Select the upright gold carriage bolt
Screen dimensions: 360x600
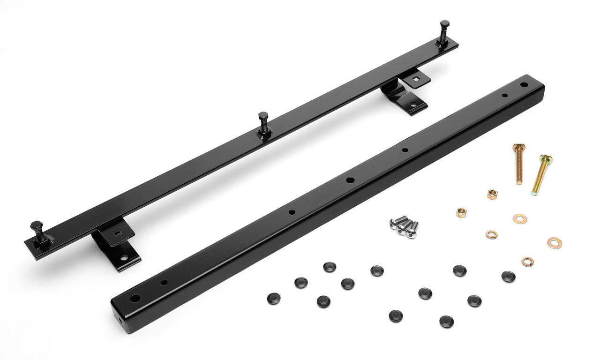(x=518, y=164)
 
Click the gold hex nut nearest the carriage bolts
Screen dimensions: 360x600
(x=492, y=195)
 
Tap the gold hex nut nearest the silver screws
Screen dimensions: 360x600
(x=461, y=212)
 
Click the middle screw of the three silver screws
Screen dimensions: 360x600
(x=404, y=226)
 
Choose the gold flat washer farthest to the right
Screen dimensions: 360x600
(x=555, y=242)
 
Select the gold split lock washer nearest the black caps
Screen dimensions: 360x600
(x=528, y=262)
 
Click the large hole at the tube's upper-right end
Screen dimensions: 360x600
(x=524, y=85)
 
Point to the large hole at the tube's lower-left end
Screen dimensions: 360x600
(x=135, y=298)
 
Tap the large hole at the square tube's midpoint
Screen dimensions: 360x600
(x=350, y=180)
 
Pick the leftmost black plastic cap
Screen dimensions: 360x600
(x=273, y=298)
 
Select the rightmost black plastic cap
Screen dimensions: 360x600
(x=509, y=277)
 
